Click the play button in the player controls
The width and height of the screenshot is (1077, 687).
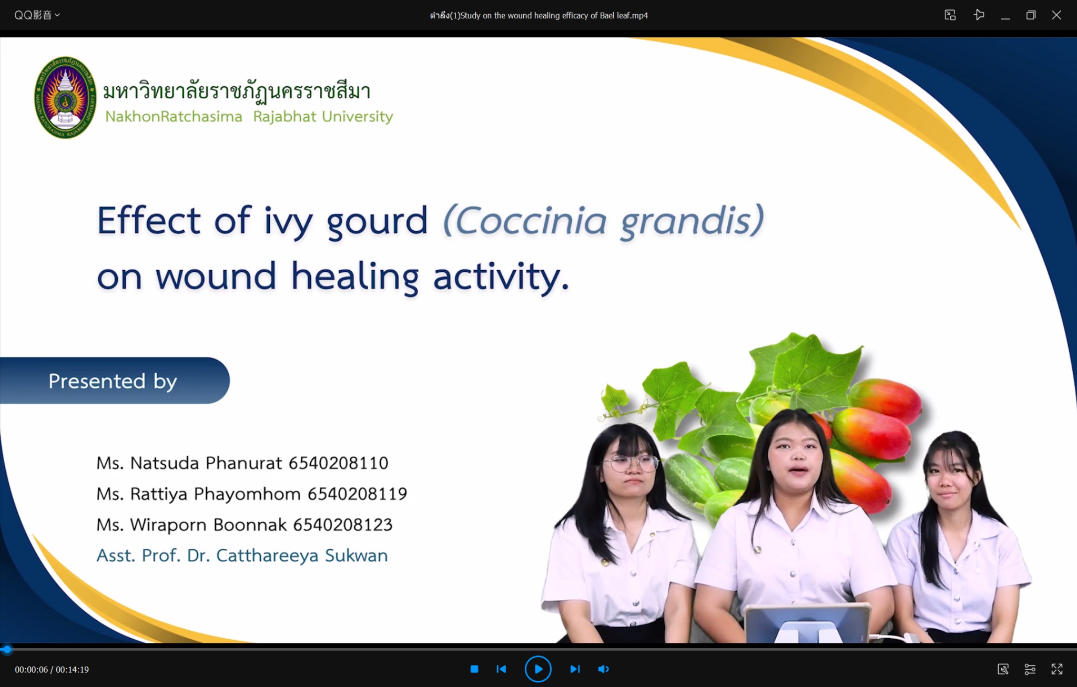538,669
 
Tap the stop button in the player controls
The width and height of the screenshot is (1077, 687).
474,669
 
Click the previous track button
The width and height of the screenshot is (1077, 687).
501,669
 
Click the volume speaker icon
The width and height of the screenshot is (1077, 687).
603,669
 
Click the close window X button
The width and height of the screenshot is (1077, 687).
1056,15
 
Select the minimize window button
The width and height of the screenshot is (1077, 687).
1005,16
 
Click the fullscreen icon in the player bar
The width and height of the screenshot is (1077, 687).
1057,669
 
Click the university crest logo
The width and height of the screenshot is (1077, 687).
65,97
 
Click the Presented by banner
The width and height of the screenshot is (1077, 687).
114,381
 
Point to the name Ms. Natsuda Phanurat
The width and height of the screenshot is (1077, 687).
189,463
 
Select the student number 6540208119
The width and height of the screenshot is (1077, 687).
358,494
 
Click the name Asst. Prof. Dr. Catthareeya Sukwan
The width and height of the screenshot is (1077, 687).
242,555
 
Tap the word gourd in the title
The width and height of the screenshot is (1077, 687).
377,222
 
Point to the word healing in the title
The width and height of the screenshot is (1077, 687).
355,277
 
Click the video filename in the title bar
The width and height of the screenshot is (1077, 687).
538,15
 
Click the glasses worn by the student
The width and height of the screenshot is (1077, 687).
631,464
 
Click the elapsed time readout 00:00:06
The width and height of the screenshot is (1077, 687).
31,669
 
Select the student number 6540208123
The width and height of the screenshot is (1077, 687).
342,525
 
